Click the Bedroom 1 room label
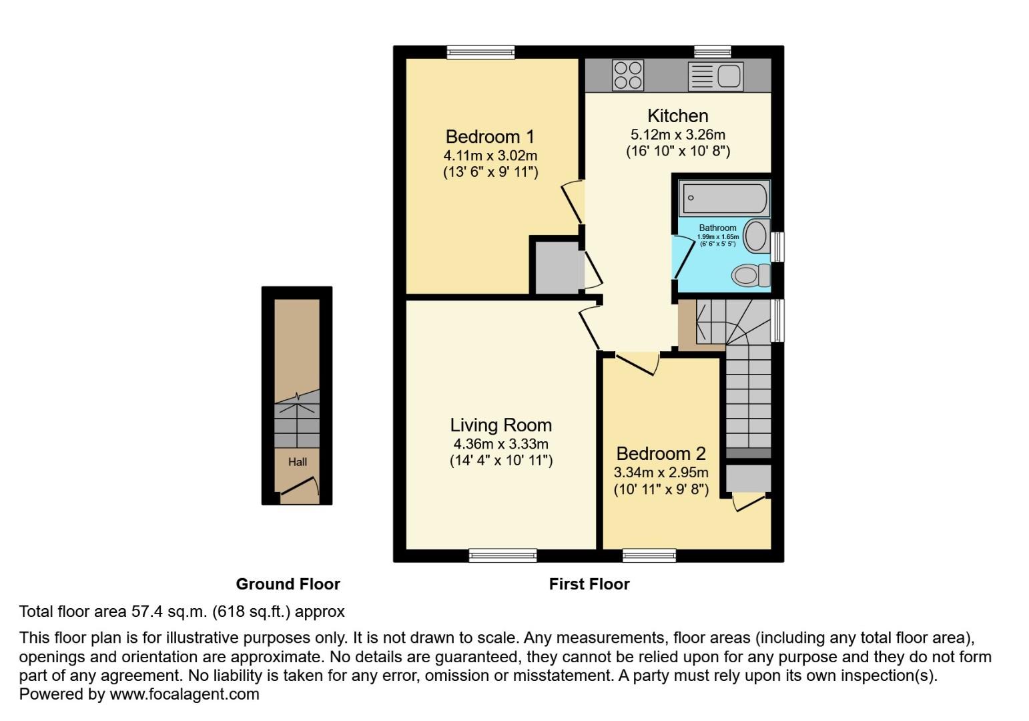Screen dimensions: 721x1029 click(490, 137)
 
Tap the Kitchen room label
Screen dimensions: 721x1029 click(677, 115)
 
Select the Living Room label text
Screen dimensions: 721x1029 click(500, 425)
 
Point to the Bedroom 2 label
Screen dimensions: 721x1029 click(661, 454)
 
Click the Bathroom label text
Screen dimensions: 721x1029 click(717, 228)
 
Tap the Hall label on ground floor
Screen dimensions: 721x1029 click(298, 462)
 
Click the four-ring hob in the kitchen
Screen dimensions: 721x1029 click(628, 75)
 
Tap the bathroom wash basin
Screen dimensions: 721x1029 click(756, 236)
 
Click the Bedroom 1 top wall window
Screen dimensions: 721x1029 click(480, 52)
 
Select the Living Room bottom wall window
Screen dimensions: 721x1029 click(502, 555)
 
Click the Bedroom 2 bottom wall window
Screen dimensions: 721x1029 click(649, 555)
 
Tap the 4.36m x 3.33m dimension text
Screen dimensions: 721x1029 click(500, 444)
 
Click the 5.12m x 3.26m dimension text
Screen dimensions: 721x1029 click(677, 134)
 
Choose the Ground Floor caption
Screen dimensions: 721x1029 click(288, 584)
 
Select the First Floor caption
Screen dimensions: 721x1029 click(589, 584)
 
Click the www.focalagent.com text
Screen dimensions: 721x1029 click(184, 694)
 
